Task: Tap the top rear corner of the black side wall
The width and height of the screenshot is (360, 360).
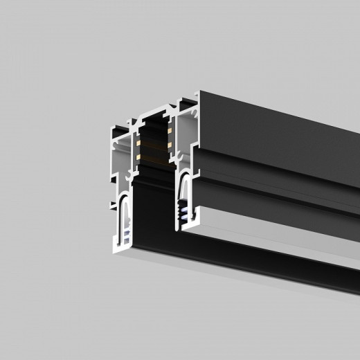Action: [198, 93]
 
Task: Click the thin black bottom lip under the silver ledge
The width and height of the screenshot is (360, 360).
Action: [277, 267]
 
